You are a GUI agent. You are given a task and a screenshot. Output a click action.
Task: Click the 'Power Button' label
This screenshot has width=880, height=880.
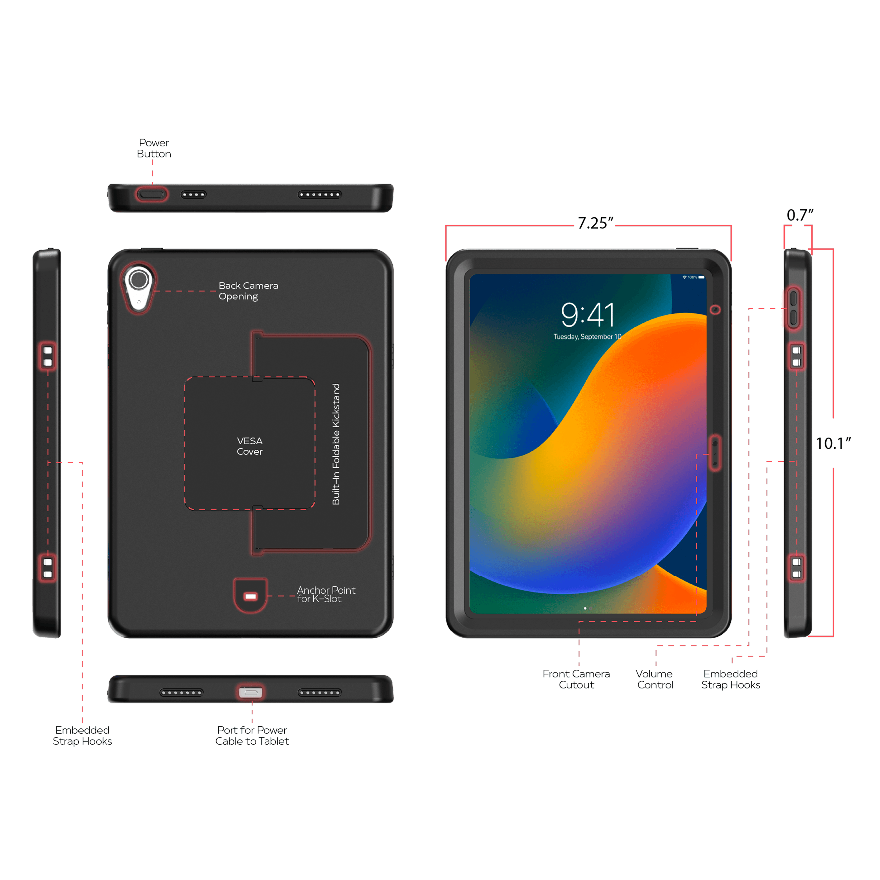154,148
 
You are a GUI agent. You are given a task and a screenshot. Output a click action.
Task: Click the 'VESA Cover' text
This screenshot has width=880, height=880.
250,446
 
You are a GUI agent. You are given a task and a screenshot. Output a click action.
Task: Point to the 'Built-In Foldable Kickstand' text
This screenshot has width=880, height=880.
336,444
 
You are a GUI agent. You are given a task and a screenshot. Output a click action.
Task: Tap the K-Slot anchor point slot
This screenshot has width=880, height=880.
250,596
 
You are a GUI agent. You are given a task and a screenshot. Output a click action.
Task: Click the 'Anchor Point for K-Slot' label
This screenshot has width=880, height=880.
326,594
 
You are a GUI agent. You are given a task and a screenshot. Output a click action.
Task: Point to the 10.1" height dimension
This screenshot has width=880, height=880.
833,443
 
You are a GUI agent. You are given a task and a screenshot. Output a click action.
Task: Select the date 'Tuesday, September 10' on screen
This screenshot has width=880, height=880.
587,337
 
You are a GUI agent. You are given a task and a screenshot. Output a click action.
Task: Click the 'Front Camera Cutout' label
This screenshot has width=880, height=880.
576,679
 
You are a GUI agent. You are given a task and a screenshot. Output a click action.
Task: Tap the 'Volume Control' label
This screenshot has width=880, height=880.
655,679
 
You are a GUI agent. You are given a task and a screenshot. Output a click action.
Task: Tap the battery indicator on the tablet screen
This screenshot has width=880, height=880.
701,277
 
